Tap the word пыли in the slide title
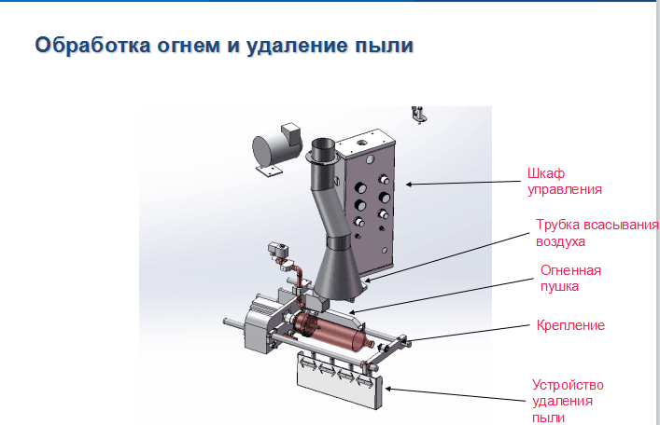[385, 46]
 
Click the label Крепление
[571, 325]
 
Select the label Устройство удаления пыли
[569, 401]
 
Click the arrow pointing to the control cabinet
[461, 184]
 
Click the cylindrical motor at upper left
[274, 149]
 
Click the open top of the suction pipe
[323, 146]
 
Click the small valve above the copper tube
[277, 252]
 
